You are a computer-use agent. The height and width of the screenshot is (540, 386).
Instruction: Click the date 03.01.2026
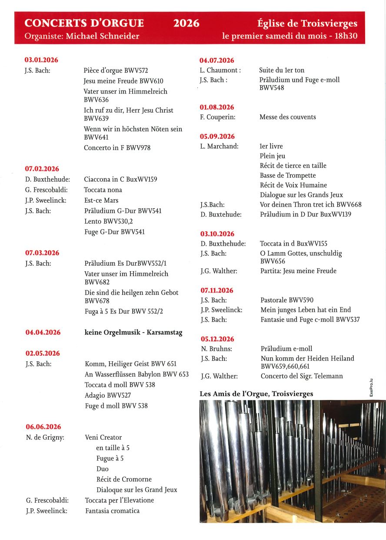coord(41,60)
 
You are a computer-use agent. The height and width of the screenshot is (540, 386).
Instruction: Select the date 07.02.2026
coord(42,169)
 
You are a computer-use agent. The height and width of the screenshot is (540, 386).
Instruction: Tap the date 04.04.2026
coord(43,333)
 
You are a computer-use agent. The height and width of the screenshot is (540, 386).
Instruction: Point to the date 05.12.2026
coord(217,339)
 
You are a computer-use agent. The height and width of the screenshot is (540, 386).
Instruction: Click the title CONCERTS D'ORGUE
coord(84,23)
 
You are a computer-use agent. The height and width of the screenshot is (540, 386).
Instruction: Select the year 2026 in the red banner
coord(186,23)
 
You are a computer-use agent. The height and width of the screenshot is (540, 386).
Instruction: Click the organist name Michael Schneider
coord(103,36)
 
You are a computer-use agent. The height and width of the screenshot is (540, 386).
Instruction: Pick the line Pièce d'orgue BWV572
coord(116,70)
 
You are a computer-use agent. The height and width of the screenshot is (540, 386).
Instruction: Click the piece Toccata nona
coord(103,190)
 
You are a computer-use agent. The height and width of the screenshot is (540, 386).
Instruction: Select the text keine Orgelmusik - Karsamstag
coord(133,333)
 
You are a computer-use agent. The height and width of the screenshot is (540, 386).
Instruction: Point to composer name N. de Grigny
coord(45,437)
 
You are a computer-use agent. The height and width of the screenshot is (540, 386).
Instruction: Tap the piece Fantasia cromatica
coord(112,511)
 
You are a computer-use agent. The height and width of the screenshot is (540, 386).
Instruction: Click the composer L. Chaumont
coord(220,70)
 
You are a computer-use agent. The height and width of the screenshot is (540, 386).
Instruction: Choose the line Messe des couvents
coord(288,117)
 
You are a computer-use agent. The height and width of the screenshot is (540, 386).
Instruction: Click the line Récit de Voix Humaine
coord(293,185)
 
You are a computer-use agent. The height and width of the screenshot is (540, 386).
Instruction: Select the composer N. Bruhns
coord(216,349)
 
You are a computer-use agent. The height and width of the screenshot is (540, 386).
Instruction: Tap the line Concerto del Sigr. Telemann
coord(302,376)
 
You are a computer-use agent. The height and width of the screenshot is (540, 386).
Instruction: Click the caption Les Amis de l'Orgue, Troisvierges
coord(256,394)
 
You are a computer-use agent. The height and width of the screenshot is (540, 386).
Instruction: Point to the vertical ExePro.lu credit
coord(371,387)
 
